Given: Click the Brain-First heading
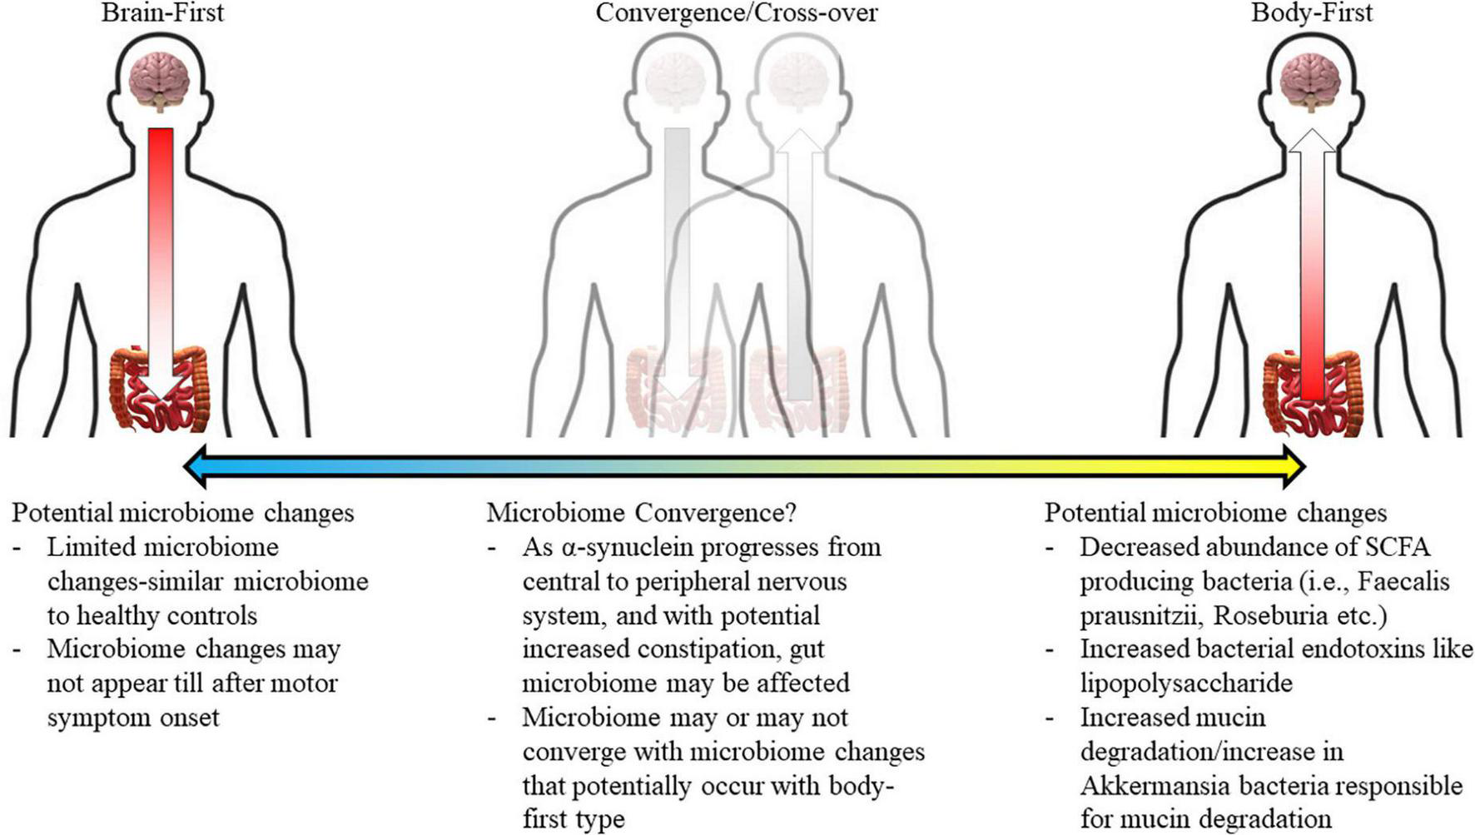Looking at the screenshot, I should [x=162, y=13].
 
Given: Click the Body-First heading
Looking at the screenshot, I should [x=1311, y=13].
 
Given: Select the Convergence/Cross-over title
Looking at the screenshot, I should [x=736, y=13].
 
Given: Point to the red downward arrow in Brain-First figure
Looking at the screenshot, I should [x=161, y=250].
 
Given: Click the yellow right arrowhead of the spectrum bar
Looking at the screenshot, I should [x=1292, y=466].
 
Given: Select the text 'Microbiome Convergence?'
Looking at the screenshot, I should [x=641, y=513].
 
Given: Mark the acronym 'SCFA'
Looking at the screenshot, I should [x=1398, y=547].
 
